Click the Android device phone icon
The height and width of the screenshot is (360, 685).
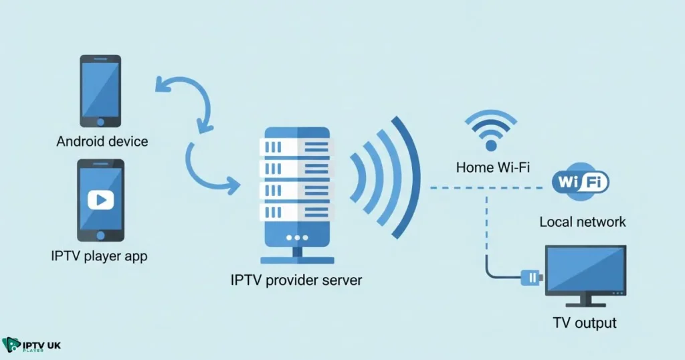[101, 90]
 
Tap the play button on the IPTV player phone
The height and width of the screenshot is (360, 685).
[100, 199]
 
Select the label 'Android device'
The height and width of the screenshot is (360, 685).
[102, 142]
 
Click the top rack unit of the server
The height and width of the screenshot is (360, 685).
[294, 146]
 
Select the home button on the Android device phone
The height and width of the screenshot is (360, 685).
[101, 122]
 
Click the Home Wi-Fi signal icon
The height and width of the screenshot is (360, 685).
[492, 130]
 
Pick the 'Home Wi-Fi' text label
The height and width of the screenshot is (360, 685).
[493, 167]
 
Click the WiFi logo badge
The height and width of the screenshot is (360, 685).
[580, 181]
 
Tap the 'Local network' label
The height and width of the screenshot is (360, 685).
[583, 221]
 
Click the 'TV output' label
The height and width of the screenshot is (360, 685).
[585, 323]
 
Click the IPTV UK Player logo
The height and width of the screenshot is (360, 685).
[32, 345]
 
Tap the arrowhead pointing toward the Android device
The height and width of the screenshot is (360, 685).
[161, 84]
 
